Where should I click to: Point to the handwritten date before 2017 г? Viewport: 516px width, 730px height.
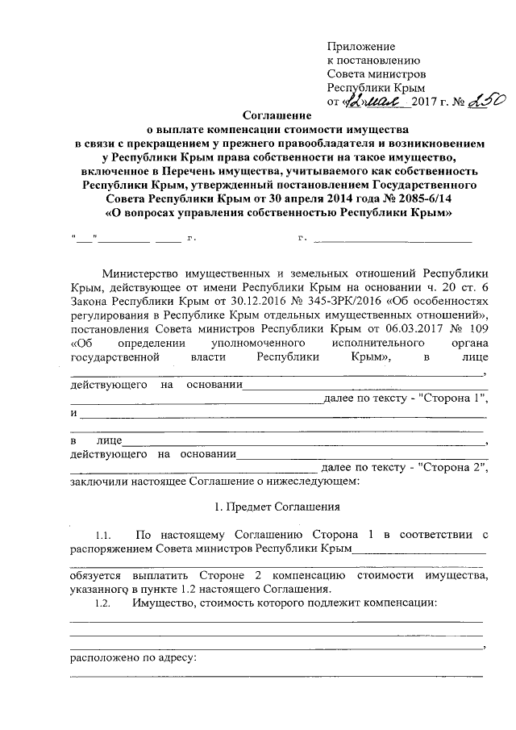[377, 102]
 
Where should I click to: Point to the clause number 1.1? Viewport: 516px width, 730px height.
[102, 536]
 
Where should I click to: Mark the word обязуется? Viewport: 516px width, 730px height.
[96, 578]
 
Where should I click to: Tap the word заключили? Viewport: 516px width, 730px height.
[98, 482]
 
